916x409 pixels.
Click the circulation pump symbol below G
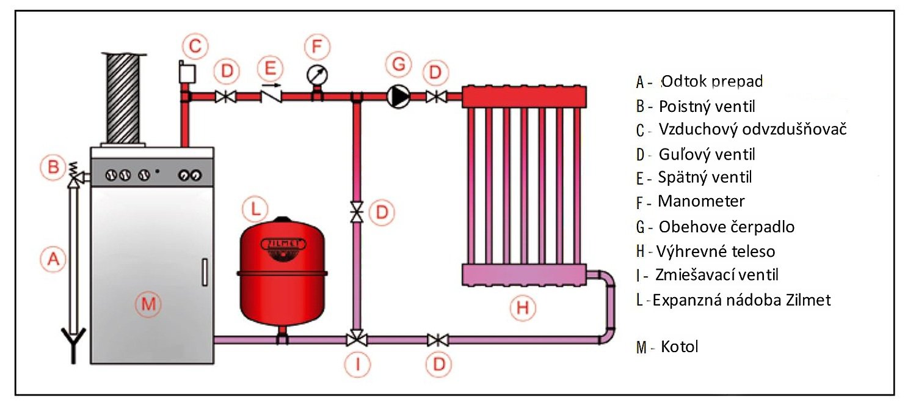(x=398, y=96)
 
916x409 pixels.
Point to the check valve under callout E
(x=271, y=96)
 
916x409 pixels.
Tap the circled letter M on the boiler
(x=149, y=303)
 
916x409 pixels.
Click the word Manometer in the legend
(x=701, y=201)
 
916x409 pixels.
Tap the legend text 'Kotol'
(x=679, y=347)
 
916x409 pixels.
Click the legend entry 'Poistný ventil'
(x=707, y=106)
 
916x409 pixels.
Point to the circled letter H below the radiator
(x=523, y=308)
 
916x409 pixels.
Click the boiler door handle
(x=204, y=273)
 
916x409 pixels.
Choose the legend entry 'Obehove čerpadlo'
(x=726, y=227)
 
